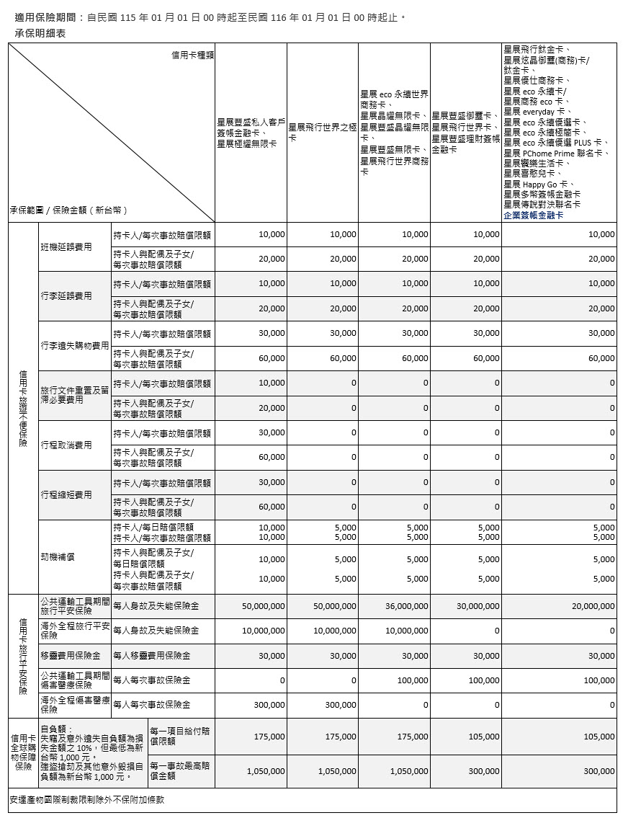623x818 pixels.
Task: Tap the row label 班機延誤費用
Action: click(66, 247)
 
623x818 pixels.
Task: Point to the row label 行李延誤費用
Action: click(66, 296)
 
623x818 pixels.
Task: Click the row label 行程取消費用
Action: click(66, 445)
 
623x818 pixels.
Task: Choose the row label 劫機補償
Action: click(58, 557)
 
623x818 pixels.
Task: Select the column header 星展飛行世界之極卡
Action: click(322, 133)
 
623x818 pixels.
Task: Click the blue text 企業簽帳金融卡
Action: click(533, 215)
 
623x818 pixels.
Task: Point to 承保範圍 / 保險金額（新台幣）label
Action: click(68, 210)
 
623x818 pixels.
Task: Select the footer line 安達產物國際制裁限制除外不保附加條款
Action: click(87, 800)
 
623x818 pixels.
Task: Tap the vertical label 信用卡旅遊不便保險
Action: click(23, 409)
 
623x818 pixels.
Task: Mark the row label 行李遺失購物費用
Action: click(75, 346)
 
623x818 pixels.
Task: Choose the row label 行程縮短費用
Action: click(66, 495)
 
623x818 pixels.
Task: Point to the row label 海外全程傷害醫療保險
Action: click(75, 704)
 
